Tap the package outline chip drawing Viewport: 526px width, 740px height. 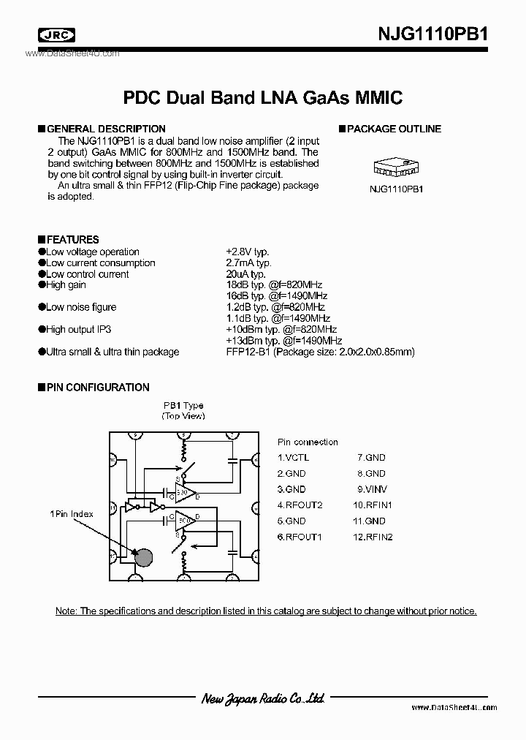tap(394, 167)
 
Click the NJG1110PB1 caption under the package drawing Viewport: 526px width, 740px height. tap(395, 189)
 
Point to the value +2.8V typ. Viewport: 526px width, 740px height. tap(248, 252)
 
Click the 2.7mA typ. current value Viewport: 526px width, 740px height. tap(248, 263)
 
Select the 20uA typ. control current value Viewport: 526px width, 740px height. tap(246, 274)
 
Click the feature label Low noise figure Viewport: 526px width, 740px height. tap(80, 307)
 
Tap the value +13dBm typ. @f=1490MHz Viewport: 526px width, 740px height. tap(284, 341)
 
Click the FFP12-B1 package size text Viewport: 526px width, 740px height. tap(320, 352)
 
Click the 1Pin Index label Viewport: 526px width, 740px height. tap(72, 514)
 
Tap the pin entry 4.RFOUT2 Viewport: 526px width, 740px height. tap(300, 505)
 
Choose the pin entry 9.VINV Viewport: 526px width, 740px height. tap(372, 489)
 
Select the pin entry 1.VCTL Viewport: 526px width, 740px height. tap(293, 457)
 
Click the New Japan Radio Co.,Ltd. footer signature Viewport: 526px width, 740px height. tap(263, 699)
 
